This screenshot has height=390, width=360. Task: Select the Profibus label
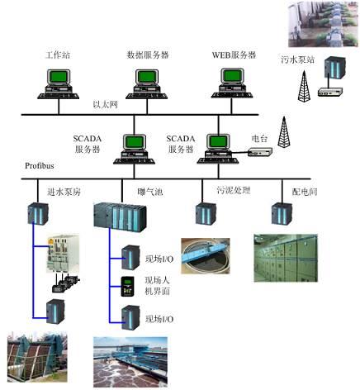coord(27,168)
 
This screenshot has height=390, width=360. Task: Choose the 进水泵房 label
coord(64,192)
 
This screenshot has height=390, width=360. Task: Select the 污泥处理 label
coord(232,191)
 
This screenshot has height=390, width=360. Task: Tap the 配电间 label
coord(303,191)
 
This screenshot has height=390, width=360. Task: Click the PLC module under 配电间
coord(279,214)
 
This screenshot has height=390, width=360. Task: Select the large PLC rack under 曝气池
coord(121,218)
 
